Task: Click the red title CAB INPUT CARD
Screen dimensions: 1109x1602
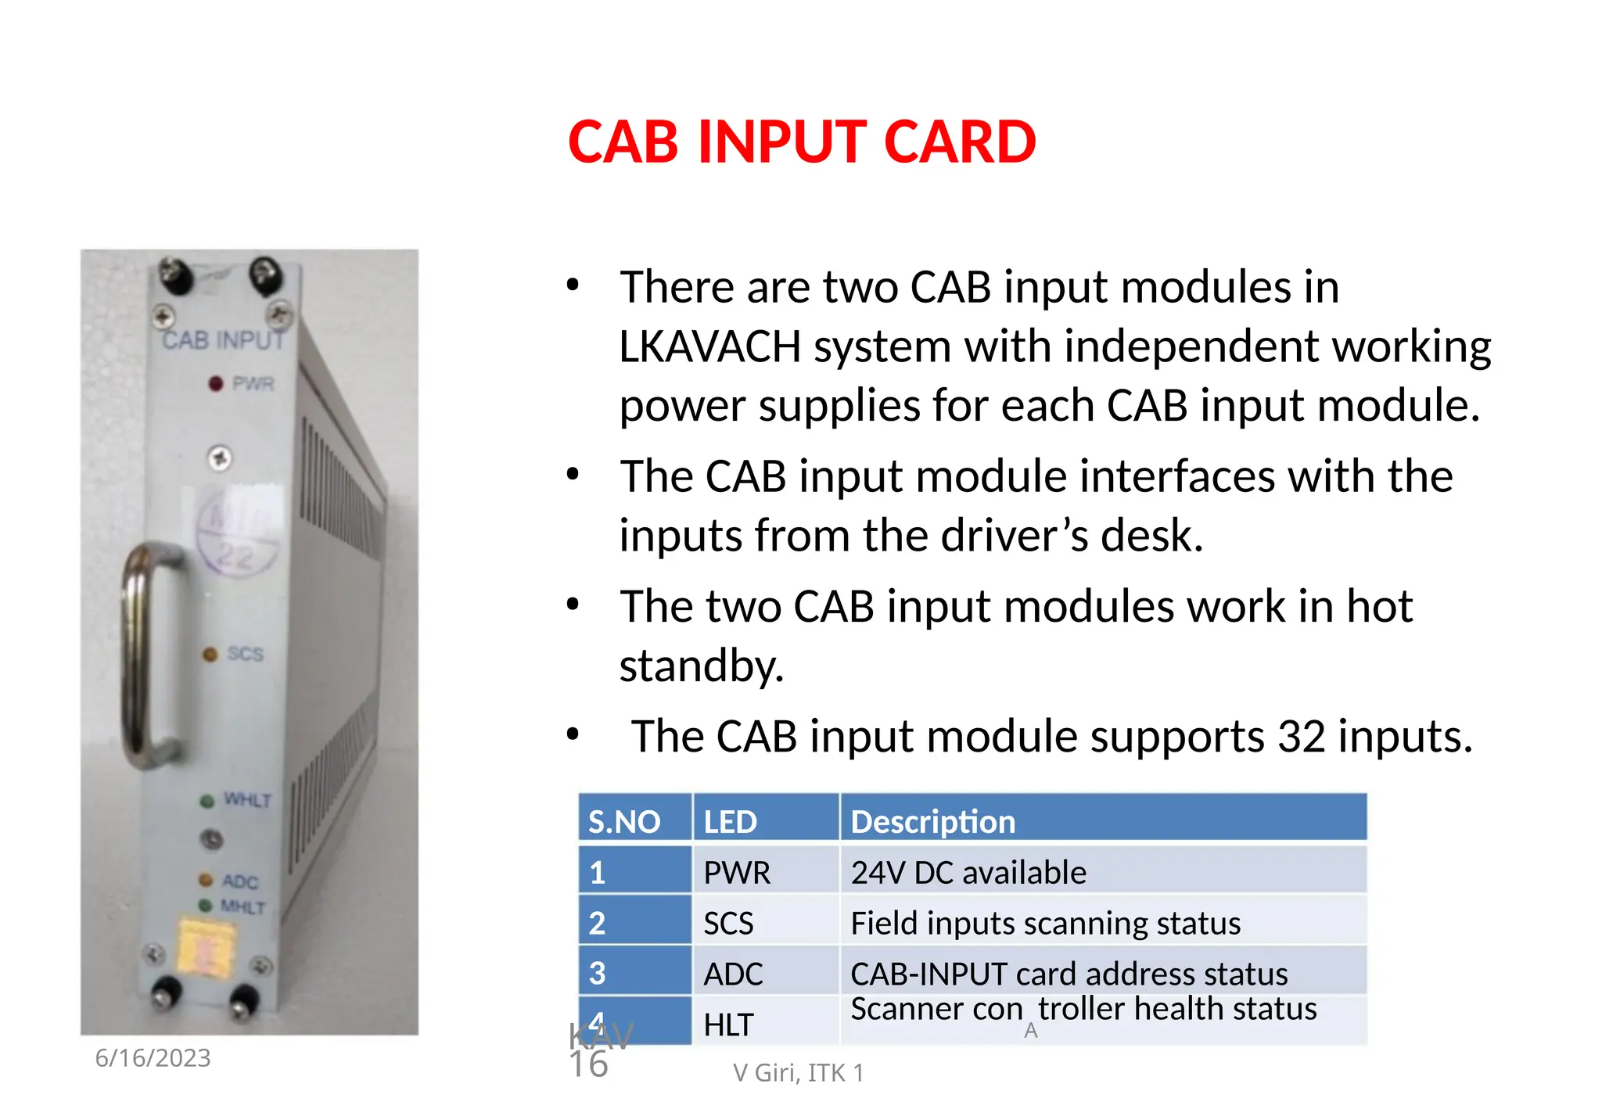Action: (802, 142)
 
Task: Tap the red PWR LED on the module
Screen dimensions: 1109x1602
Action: (216, 384)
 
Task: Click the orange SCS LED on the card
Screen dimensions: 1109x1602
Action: (210, 655)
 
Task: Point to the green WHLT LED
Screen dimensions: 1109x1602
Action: (207, 801)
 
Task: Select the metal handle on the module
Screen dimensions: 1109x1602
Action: (145, 657)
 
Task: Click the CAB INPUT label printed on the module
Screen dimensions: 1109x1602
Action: (223, 340)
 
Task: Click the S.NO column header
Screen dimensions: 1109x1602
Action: (624, 821)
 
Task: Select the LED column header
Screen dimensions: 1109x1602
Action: (730, 821)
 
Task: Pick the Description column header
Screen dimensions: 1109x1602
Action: (932, 821)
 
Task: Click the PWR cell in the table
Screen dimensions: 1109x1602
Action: (737, 872)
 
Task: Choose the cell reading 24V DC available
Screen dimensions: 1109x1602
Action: (968, 872)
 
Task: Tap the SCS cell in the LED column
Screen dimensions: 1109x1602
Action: (728, 923)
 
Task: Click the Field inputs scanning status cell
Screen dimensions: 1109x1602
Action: (1045, 923)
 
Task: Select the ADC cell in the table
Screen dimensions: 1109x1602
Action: (733, 974)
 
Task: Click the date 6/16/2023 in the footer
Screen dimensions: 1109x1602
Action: (153, 1057)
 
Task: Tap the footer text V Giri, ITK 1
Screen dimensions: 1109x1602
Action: (798, 1072)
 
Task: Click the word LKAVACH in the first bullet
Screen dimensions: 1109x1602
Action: (709, 346)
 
